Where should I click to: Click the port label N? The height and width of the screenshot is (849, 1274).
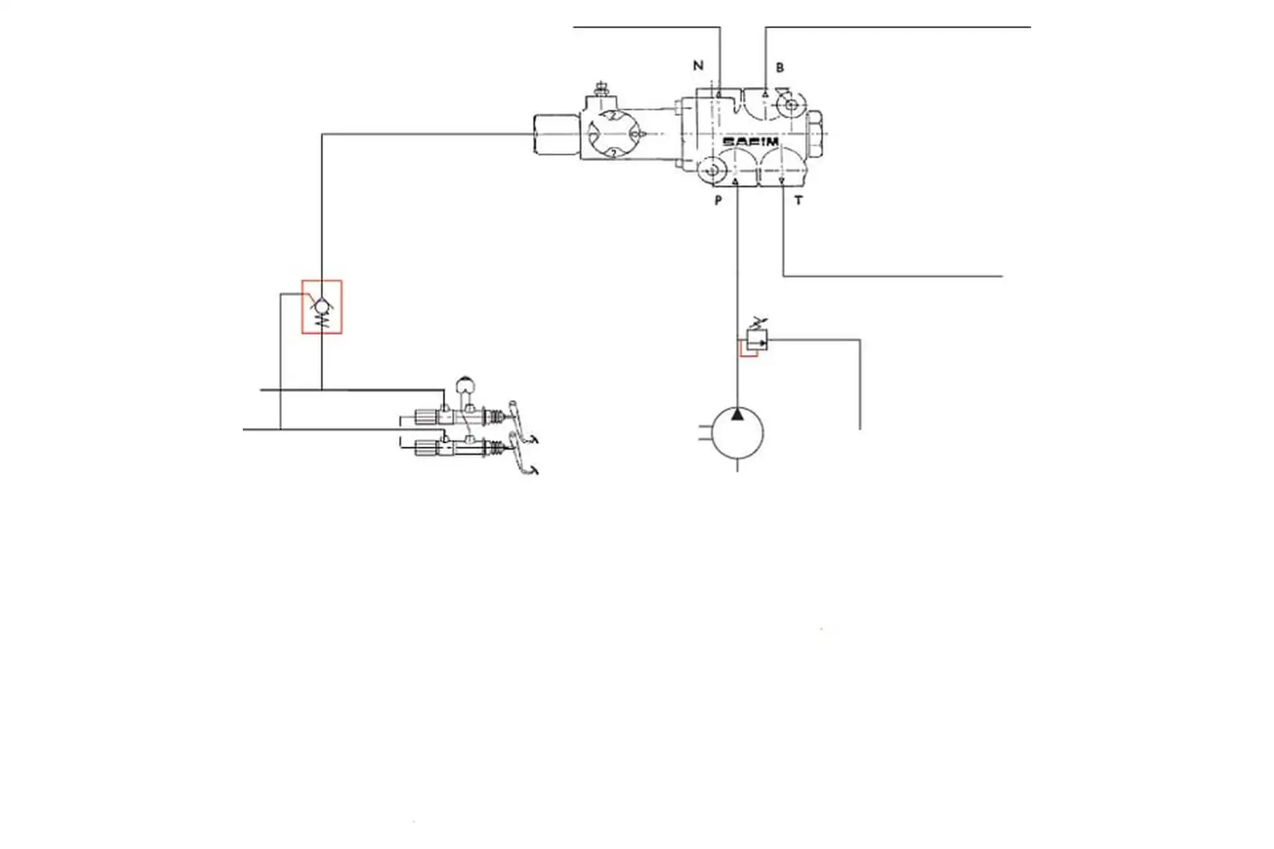pos(697,65)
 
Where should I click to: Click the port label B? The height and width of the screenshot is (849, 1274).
pos(780,68)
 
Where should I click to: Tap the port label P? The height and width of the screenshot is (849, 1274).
pos(718,200)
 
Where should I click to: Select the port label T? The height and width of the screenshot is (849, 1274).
pos(798,200)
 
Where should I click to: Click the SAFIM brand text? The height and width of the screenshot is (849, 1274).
pos(750,142)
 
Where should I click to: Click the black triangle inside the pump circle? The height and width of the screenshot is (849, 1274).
pos(737,415)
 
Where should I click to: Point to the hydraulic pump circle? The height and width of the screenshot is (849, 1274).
pos(737,432)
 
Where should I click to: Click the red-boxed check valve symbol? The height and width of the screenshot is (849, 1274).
pos(322,306)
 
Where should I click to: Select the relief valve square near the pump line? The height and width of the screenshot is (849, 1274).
pos(757,340)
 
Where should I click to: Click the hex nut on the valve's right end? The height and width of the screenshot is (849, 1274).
pos(814,134)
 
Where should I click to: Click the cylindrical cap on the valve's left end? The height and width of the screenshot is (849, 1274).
pos(557,135)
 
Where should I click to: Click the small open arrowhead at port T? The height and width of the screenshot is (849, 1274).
pos(782,180)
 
